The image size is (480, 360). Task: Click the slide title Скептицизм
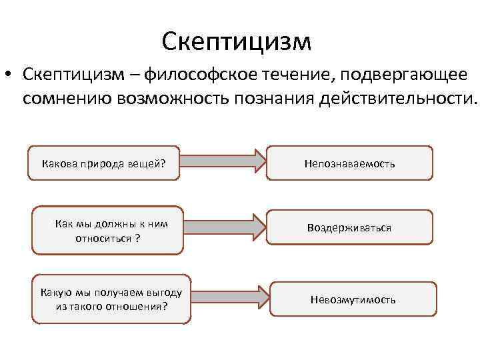236,41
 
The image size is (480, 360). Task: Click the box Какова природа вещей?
104,163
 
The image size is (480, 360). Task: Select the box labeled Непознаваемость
350,163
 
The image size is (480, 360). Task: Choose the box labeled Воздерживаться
350,228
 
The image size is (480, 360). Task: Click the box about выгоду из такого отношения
111,299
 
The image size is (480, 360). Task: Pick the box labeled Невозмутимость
353,299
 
